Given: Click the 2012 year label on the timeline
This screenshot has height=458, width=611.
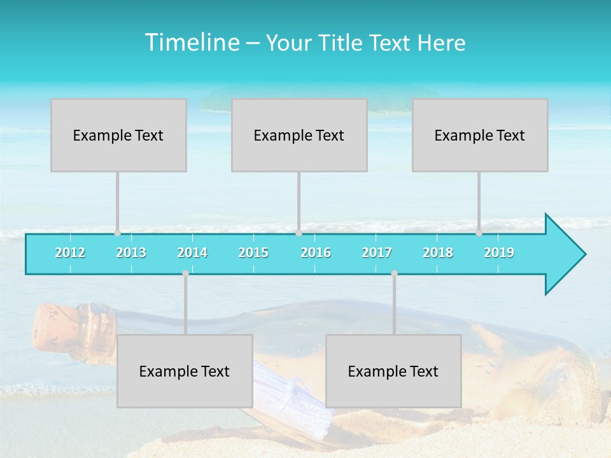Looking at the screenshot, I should coord(70,253).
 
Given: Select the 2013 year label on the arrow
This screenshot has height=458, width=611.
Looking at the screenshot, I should coord(131,253).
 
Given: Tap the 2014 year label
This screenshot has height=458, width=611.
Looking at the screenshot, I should coord(192,253).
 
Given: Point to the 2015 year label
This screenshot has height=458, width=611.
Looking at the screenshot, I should coord(253,253).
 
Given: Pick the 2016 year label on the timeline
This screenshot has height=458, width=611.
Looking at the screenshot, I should coord(316,253).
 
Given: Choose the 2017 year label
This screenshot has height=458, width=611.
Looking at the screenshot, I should coord(377,253).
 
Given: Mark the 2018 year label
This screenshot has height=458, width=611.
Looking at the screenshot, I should coord(438,253).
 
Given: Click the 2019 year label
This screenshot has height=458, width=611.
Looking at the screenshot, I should coord(499,253).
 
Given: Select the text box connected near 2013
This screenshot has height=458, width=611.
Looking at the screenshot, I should coord(118,135).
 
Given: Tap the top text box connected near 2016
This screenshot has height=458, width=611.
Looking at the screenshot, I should coord(299,135).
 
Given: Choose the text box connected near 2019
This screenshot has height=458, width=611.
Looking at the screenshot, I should coord(480,135).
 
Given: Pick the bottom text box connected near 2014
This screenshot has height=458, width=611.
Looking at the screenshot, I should coord(185,371).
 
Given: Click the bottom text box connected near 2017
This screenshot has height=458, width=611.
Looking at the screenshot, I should coord(393,371).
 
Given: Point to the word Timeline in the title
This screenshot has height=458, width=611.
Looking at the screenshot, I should coord(191,43).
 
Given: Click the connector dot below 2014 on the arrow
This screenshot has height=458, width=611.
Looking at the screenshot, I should coord(185,274).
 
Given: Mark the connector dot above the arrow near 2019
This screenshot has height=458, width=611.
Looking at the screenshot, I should coord(479,233).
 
